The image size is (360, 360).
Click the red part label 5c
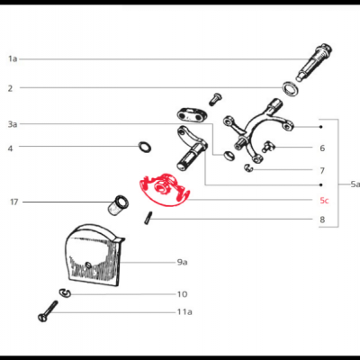[324, 201]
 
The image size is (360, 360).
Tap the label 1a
[13, 58]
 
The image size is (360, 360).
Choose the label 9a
[182, 261]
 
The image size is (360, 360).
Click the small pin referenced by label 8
[147, 217]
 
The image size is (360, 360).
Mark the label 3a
[13, 123]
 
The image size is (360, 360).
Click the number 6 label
[321, 148]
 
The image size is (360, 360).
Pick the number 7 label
[321, 170]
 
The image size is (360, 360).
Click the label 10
[182, 293]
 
